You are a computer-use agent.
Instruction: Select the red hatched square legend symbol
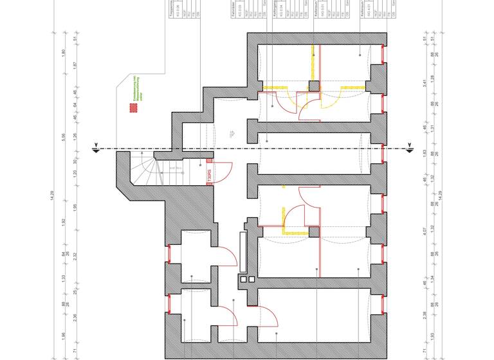[x=134, y=109]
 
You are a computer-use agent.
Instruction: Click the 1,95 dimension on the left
[x=75, y=207]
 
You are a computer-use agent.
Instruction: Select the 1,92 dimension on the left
[x=64, y=221]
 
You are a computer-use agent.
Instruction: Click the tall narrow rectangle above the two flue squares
[x=242, y=252]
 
